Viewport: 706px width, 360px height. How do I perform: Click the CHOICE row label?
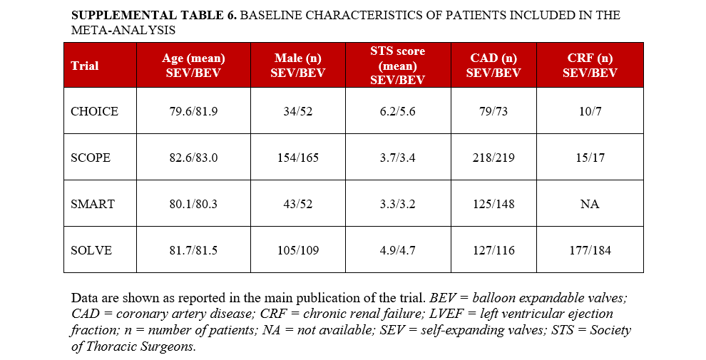[x=94, y=111]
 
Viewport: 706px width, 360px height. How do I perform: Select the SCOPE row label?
[x=91, y=158]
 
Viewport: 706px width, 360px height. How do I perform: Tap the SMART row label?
[x=93, y=204]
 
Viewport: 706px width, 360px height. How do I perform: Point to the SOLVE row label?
[x=91, y=250]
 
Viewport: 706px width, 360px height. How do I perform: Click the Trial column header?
[x=85, y=66]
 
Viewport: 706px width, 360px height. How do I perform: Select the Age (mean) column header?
[x=193, y=66]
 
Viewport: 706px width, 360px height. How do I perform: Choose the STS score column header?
[x=397, y=66]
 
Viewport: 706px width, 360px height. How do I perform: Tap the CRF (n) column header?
[x=590, y=66]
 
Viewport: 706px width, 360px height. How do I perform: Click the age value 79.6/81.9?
[x=193, y=111]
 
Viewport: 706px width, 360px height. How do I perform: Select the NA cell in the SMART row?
[x=590, y=204]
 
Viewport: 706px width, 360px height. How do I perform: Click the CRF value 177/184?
[x=590, y=250]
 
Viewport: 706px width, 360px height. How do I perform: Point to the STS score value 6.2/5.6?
[x=397, y=111]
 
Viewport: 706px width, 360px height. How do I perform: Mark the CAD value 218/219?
[x=493, y=158]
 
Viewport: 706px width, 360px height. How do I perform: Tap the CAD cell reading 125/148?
[x=493, y=204]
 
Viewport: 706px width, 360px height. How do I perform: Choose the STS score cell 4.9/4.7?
[x=397, y=250]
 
